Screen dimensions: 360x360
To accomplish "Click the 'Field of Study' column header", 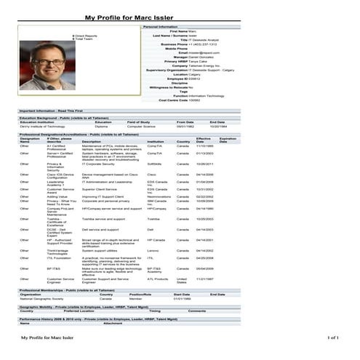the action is coord(139,122).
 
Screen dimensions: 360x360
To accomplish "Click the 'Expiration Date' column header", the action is coord(228,140).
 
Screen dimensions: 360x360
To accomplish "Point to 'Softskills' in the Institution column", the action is coord(154,164).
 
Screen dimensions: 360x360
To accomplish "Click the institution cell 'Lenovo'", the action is coord(152,250).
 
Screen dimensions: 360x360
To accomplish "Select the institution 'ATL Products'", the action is coord(157,279).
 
